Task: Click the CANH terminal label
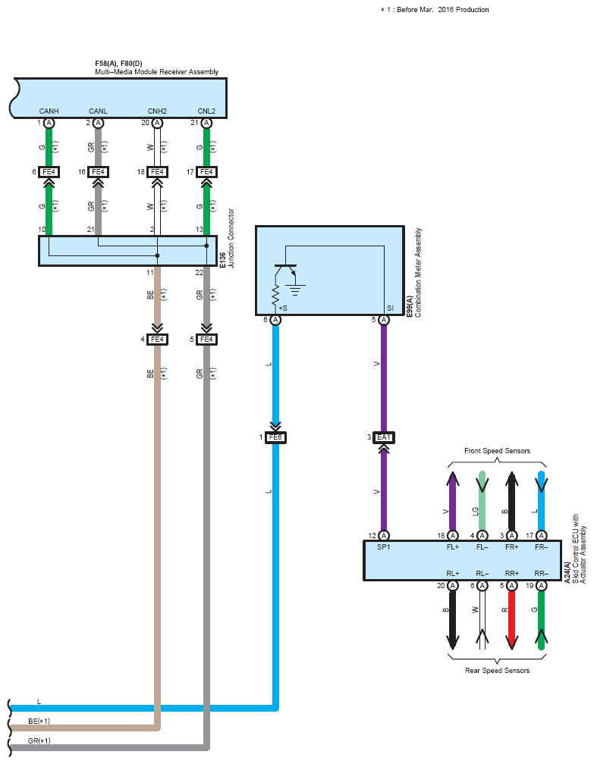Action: point(49,111)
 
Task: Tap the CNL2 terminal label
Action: point(206,111)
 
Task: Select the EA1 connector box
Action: point(384,437)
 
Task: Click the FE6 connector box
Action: point(275,437)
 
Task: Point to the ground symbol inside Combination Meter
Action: point(295,290)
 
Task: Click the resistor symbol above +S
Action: point(275,294)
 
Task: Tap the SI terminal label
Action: point(390,308)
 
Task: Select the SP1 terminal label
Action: point(384,547)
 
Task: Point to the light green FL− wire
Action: point(482,501)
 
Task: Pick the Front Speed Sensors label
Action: point(497,451)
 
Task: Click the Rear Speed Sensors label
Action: point(497,671)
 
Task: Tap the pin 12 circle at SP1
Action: point(384,535)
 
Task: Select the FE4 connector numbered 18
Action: point(157,172)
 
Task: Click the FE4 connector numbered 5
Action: point(206,339)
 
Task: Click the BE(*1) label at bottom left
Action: point(39,721)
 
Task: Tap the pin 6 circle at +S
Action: point(275,320)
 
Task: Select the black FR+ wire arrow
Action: point(511,501)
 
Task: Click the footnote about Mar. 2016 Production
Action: point(435,10)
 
